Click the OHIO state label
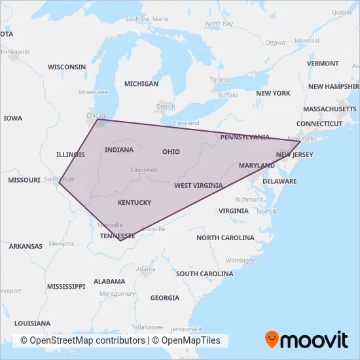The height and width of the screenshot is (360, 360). coord(171,151)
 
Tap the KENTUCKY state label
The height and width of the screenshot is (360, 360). coord(134,202)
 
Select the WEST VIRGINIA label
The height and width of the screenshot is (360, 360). coord(198,185)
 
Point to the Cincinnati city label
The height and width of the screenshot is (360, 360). coord(143,170)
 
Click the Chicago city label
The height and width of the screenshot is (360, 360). coord(97,116)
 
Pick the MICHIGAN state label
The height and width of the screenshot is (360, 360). coord(141,84)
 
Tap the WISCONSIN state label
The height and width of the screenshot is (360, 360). coord(67,67)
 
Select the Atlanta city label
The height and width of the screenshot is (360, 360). coord(145,268)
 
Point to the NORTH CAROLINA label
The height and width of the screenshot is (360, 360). coord(225,238)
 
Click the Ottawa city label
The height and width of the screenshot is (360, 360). coord(276,43)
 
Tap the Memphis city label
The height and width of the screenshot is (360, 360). coord(62,243)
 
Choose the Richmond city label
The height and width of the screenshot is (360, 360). coord(249,199)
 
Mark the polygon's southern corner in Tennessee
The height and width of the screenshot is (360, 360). coord(120,240)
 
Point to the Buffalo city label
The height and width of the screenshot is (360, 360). coord(228,95)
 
